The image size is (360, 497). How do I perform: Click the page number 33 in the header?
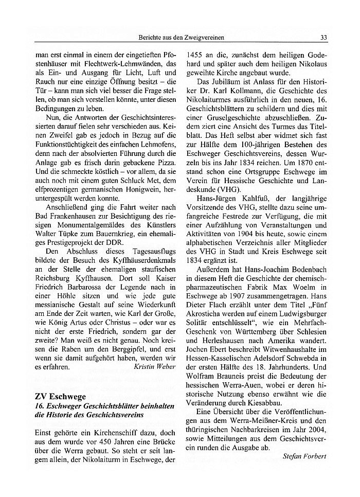click(323, 37)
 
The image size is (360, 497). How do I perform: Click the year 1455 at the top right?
click(195, 53)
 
